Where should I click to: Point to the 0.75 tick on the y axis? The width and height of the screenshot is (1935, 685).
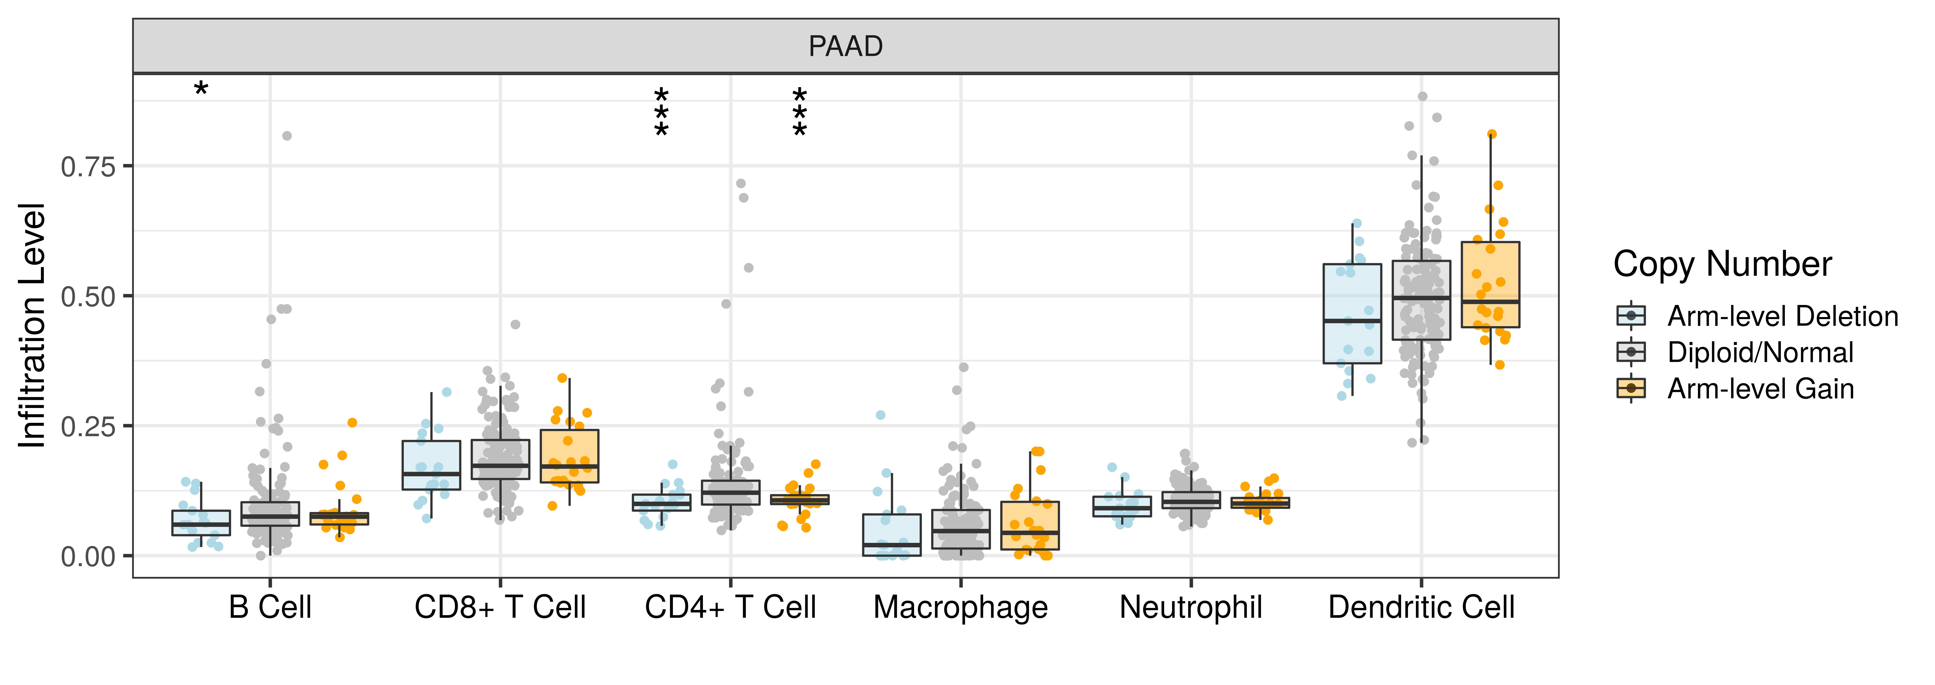(89, 167)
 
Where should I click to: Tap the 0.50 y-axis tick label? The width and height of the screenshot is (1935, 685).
(89, 297)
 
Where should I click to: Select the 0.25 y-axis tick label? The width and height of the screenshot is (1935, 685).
(89, 427)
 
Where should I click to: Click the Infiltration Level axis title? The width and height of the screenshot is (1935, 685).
(33, 325)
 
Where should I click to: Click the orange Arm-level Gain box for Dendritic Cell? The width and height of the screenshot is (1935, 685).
(1490, 284)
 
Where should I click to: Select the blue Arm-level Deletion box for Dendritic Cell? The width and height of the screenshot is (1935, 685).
(1352, 313)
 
